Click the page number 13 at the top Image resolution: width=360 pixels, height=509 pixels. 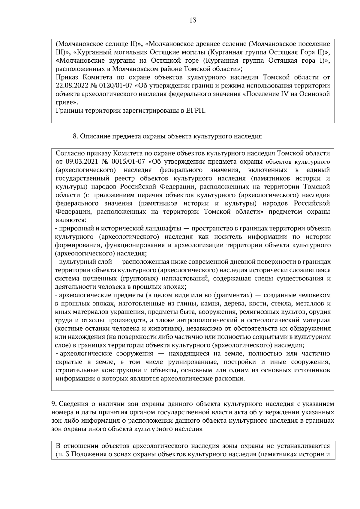coord(193,20)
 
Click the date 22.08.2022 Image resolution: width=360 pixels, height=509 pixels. coord(71,86)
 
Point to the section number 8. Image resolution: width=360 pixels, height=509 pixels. coord(76,136)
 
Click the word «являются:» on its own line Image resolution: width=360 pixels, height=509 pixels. coord(69,220)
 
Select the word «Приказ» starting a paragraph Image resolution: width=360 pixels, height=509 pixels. coord(67,77)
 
